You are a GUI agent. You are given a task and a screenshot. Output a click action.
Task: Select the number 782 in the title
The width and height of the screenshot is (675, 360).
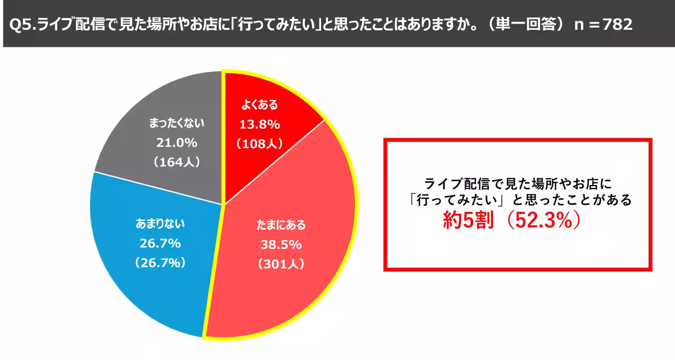tap(618, 24)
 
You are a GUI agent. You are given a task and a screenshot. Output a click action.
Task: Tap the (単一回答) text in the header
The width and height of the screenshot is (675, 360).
tap(526, 24)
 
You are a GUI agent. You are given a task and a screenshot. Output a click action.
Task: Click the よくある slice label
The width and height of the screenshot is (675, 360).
tap(259, 105)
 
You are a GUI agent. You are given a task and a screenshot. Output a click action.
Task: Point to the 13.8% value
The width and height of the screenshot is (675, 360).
tap(259, 124)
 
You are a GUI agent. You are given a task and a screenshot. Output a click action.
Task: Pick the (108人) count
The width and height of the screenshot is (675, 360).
tap(259, 143)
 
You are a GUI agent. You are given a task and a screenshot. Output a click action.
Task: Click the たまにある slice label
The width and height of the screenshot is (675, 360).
tap(281, 225)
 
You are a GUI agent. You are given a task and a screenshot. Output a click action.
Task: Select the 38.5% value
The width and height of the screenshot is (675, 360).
tap(281, 245)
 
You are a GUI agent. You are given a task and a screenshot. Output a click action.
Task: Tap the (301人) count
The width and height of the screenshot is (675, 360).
tap(281, 264)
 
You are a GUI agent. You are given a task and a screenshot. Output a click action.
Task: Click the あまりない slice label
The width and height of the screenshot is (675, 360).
tap(160, 223)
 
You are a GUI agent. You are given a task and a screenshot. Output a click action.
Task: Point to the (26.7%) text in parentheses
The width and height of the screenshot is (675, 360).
tap(160, 263)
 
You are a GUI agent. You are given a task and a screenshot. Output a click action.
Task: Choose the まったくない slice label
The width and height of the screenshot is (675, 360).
tap(177, 123)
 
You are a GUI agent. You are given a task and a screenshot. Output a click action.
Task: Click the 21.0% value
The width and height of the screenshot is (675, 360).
tap(177, 142)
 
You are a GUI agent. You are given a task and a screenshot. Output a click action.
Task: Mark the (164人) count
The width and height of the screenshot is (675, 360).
tap(177, 162)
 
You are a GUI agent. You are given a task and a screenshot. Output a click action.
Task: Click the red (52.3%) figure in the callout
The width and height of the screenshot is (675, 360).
tap(543, 220)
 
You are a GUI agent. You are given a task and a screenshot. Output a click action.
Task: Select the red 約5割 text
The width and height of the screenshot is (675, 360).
tap(468, 220)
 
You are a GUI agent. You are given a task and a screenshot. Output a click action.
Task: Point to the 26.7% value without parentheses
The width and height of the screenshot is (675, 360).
tap(160, 243)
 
